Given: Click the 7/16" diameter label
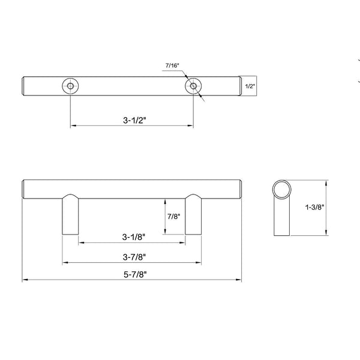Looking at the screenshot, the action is pyautogui.click(x=172, y=65).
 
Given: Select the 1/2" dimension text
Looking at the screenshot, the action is pyautogui.click(x=250, y=86).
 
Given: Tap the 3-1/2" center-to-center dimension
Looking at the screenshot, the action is pyautogui.click(x=134, y=120).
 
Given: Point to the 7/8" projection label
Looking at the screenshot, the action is pyautogui.click(x=173, y=216).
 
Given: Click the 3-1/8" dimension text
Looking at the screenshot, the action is pyautogui.click(x=134, y=237).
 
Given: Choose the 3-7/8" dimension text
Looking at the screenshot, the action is pyautogui.click(x=134, y=257).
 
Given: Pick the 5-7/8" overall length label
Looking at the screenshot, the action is pyautogui.click(x=135, y=274).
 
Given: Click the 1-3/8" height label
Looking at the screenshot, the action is pyautogui.click(x=314, y=207).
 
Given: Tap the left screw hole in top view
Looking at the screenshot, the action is pyautogui.click(x=70, y=86).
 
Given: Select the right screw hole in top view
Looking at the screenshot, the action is pyautogui.click(x=193, y=86).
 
